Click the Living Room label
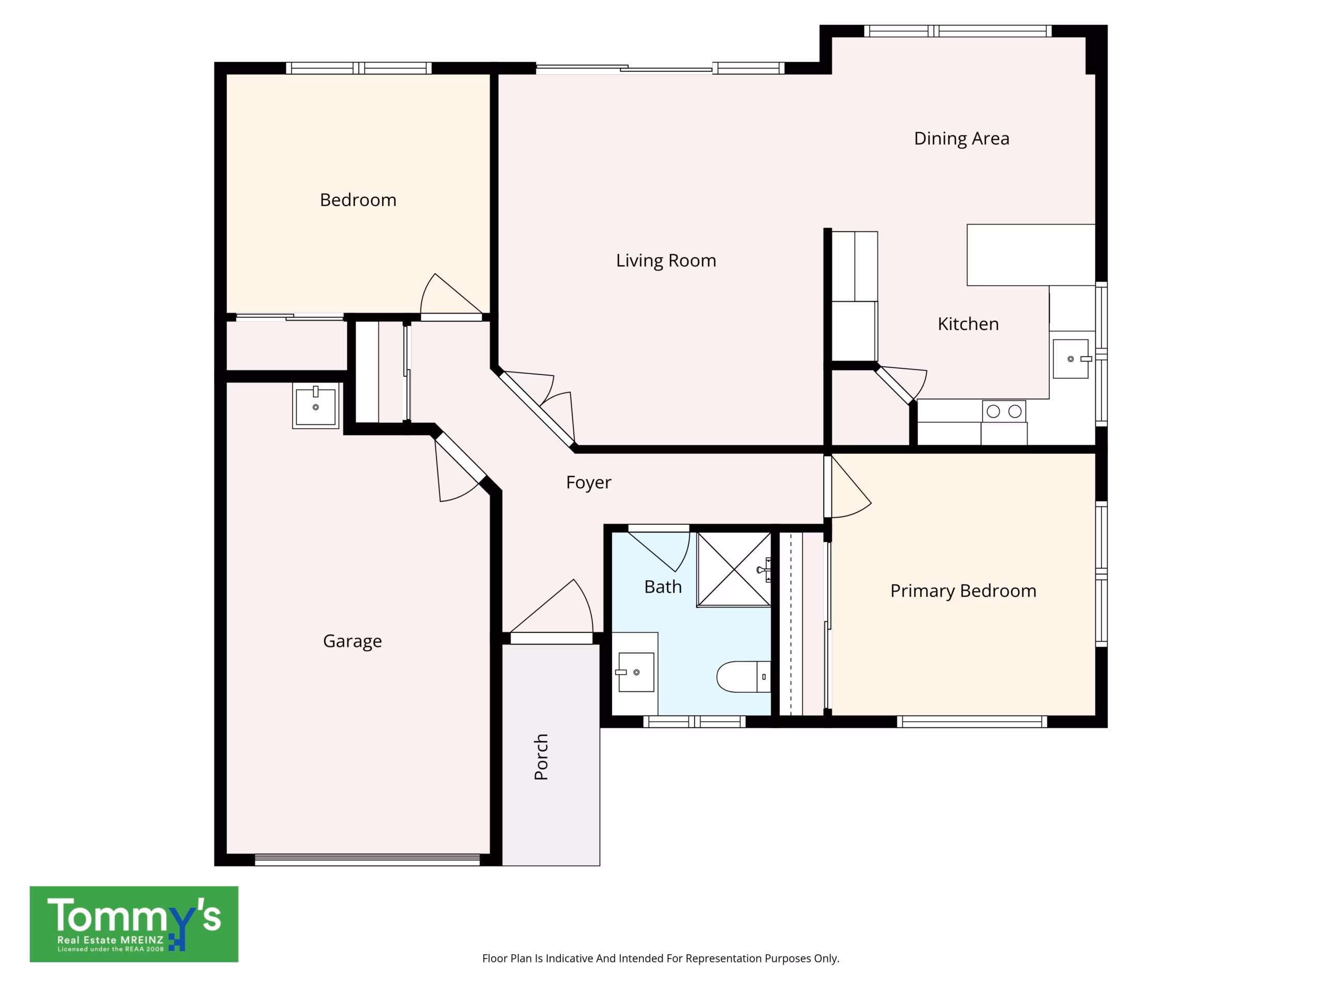666,261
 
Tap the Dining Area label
962,138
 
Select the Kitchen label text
968,324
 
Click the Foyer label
589,483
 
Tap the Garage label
352,642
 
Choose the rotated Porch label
541,757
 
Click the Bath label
663,587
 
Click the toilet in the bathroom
744,677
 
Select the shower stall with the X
734,570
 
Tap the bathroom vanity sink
636,672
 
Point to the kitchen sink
1071,359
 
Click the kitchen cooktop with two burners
1004,411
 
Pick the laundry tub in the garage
316,406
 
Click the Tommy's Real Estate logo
134,924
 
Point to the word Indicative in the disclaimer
569,958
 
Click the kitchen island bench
1031,255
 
